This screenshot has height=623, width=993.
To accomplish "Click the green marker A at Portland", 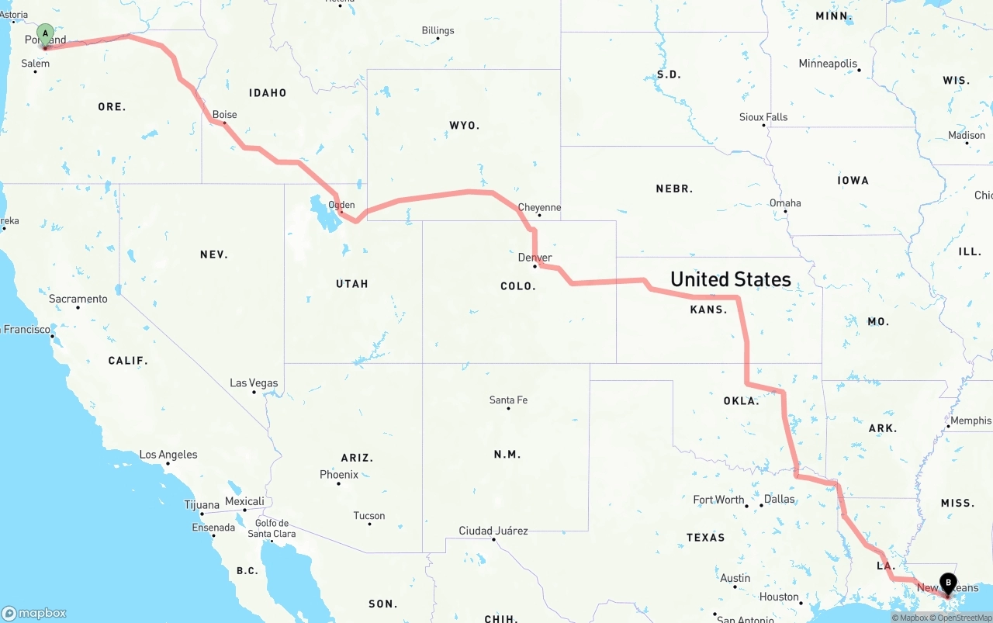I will pyautogui.click(x=46, y=34).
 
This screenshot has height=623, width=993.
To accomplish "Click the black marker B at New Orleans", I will pyautogui.click(x=947, y=583).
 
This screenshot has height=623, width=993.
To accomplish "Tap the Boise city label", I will pyautogui.click(x=225, y=115).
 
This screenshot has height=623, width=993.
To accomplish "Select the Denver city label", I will pyautogui.click(x=535, y=258).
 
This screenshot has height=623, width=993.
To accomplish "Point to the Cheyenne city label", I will pyautogui.click(x=539, y=208).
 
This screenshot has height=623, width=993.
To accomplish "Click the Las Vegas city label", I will pyautogui.click(x=254, y=383).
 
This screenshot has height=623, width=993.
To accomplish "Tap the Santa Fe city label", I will pyautogui.click(x=508, y=400).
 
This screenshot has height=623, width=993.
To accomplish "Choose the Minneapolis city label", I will pyautogui.click(x=828, y=64).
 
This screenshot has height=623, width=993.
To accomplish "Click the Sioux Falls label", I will pyautogui.click(x=763, y=117).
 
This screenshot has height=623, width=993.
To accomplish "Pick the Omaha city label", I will pyautogui.click(x=785, y=203).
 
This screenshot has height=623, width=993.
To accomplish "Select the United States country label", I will pyautogui.click(x=731, y=279).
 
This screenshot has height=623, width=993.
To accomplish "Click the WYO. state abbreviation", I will pyautogui.click(x=465, y=125).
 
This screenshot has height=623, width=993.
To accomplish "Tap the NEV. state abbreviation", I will pyautogui.click(x=213, y=254).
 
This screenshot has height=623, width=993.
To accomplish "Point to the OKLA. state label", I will pyautogui.click(x=741, y=401).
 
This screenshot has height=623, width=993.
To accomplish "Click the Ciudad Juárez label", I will pyautogui.click(x=493, y=531).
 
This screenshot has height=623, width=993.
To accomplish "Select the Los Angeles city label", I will pyautogui.click(x=168, y=455).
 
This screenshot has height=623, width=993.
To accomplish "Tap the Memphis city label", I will pyautogui.click(x=971, y=421).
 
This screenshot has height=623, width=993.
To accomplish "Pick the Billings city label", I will pyautogui.click(x=438, y=31).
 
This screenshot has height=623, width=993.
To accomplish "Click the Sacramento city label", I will pyautogui.click(x=78, y=299).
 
